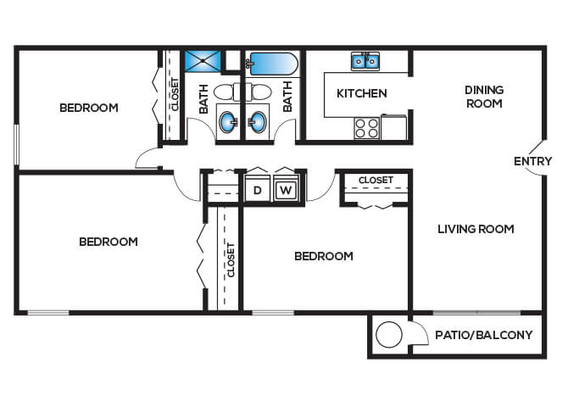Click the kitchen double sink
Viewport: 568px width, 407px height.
pos(365,61)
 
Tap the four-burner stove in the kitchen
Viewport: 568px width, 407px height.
pos(366,128)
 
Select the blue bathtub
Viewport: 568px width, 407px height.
pos(274,64)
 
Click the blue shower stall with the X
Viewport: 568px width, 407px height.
pos(203,61)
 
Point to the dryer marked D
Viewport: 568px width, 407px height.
pos(257,190)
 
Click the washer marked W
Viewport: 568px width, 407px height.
pos(286,190)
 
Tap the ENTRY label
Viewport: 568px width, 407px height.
pos(533,161)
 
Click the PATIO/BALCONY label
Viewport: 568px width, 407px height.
pos(483,335)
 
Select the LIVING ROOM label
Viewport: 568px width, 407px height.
pos(476,229)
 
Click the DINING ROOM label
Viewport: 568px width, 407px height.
pos(484,97)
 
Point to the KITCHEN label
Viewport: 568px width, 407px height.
pos(361,93)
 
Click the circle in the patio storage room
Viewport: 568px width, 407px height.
pos(389,335)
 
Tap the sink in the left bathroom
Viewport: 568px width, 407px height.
pos(228,122)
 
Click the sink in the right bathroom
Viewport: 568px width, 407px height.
pos(257,122)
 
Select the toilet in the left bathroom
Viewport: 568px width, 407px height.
pos(226,92)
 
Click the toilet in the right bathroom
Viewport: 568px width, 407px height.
pos(259,92)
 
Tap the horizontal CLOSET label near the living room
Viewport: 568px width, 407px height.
pos(376,180)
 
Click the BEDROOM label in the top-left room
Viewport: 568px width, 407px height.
pos(89,108)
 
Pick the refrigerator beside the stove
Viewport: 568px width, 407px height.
pos(394,127)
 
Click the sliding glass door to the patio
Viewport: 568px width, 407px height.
pos(476,312)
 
